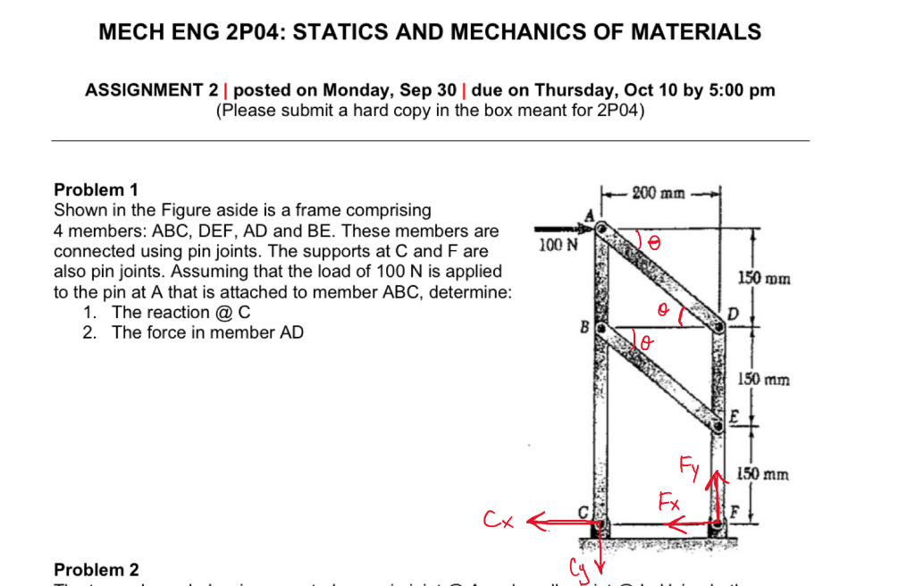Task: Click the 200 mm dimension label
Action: [659, 192]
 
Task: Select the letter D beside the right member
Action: [734, 313]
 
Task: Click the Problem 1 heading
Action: [97, 189]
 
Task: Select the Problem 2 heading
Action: [97, 570]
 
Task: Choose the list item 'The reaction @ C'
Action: [180, 313]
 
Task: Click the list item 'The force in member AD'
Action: [207, 333]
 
